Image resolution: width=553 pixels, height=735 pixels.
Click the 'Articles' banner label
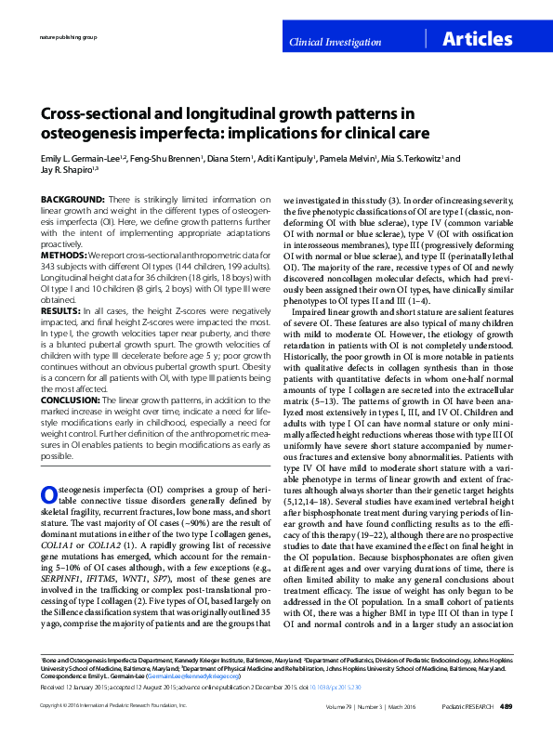click(478, 39)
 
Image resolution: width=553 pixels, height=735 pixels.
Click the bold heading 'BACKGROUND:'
click(72, 201)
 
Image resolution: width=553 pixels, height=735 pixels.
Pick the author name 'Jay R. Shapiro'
click(63, 170)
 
